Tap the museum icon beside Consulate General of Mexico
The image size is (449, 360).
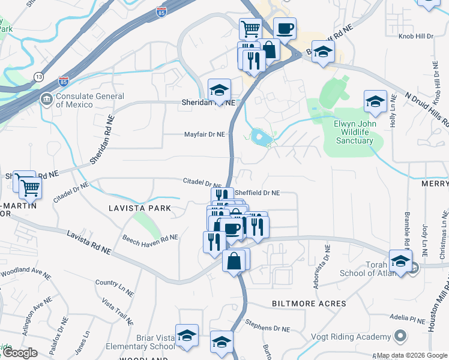pyautogui.click(x=46, y=98)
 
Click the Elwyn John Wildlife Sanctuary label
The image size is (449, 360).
pyautogui.click(x=354, y=132)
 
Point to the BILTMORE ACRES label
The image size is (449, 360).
pyautogui.click(x=309, y=304)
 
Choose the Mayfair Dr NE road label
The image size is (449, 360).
pyautogui.click(x=204, y=134)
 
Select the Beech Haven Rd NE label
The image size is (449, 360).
pyautogui.click(x=150, y=241)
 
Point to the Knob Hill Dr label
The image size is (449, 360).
pyautogui.click(x=416, y=37)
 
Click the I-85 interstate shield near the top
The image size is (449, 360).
pyautogui.click(x=160, y=11)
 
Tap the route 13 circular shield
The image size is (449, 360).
pyautogui.click(x=39, y=77)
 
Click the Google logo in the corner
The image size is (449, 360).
pyautogui.click(x=19, y=353)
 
